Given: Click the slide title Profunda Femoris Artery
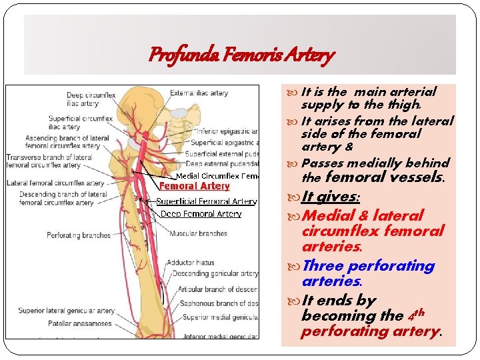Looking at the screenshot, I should pos(241,55).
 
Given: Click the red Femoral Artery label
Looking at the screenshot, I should pos(194,187).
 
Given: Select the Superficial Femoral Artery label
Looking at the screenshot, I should pos(206,201).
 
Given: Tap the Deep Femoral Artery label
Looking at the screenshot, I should pos(201,214).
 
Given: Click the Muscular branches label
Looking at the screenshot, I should pos(198,234).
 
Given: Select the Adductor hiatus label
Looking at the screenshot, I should pos(190,263).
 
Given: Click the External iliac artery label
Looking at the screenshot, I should pos(199,93).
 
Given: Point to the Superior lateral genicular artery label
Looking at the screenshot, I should pos(66,311).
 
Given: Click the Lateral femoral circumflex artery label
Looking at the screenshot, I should pos(55,183).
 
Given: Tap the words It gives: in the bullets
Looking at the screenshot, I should pos(330,197).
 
